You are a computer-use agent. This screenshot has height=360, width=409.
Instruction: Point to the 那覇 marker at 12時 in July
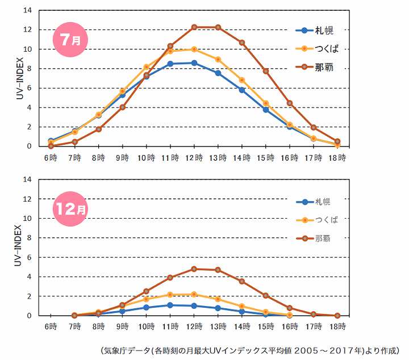pos(194,27)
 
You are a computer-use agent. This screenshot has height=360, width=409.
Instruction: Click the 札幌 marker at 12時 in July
pos(194,62)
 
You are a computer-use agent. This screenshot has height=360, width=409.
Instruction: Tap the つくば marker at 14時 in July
pos(242,80)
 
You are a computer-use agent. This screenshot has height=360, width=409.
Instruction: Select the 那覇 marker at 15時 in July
pos(266,71)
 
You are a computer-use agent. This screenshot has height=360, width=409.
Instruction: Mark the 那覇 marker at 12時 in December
pos(194,269)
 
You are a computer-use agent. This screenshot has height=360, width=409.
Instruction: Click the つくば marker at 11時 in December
pos(170,295)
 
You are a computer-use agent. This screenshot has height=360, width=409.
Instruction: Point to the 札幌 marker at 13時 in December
pos(218,308)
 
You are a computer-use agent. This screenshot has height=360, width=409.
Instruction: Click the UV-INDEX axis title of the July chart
pos(18,78)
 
